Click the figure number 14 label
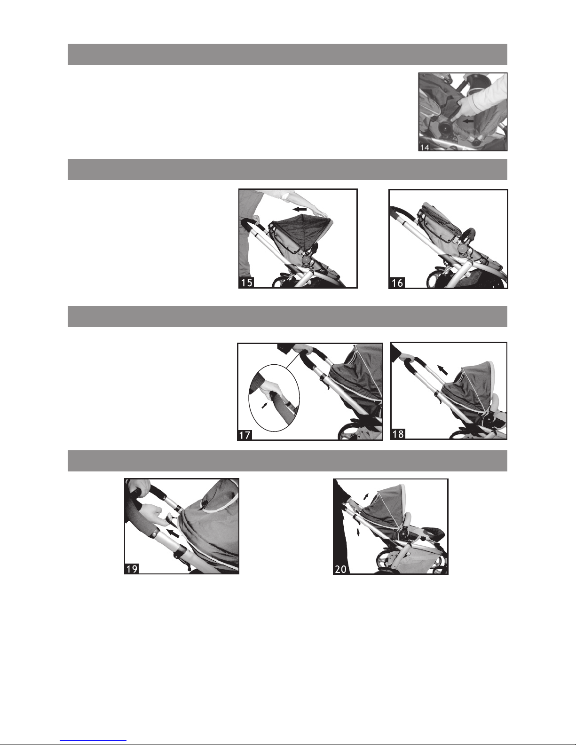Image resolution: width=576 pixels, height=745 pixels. click(x=425, y=148)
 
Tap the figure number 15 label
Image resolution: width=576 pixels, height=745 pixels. click(x=246, y=282)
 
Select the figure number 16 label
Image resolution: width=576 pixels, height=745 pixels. click(x=397, y=283)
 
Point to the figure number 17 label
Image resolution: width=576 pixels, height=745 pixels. click(x=245, y=435)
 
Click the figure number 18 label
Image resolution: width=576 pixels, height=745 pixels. click(x=398, y=434)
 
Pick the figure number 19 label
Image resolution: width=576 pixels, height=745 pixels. click(x=132, y=569)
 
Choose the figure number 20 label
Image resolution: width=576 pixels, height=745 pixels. click(x=340, y=570)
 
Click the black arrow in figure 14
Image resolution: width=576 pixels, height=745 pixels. click(x=468, y=121)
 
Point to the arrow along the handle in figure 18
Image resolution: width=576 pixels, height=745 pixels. click(x=442, y=370)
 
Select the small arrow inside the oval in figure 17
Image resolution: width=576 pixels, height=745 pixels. click(x=264, y=405)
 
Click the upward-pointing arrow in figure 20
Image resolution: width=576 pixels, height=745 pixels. click(x=366, y=496)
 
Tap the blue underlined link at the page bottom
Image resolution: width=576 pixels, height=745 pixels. click(x=93, y=741)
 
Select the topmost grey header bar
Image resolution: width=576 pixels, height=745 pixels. click(x=287, y=54)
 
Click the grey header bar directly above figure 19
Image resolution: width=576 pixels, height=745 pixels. click(x=287, y=461)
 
